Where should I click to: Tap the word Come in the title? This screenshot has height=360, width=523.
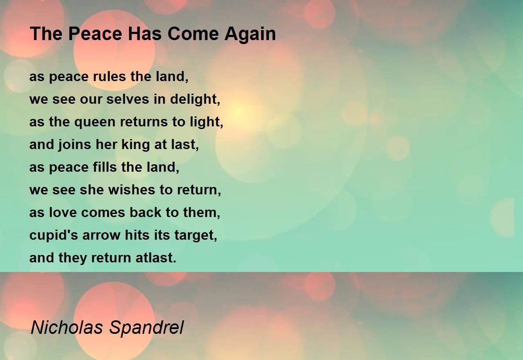click(x=193, y=34)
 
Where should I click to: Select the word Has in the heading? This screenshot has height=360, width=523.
click(x=145, y=34)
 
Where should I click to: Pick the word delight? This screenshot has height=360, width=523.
click(x=195, y=100)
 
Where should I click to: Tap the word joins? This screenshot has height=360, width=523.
click(x=75, y=145)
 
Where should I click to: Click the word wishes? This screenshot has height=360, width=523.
click(x=132, y=190)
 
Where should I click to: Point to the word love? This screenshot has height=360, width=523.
click(x=63, y=212)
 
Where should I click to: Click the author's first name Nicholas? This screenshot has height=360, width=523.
click(x=67, y=327)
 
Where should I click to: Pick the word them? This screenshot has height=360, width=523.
click(x=202, y=213)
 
